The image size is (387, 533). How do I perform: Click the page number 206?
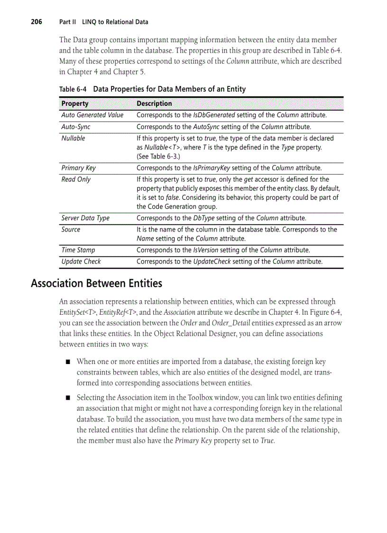(x=37, y=22)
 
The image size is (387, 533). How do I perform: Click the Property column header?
(x=75, y=103)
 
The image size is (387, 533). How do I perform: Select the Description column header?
(x=154, y=103)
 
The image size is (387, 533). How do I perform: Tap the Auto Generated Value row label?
(x=92, y=115)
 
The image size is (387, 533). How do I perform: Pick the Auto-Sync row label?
(x=76, y=127)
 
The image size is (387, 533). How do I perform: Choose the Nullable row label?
(x=74, y=138)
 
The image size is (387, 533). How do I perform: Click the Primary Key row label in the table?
(x=78, y=168)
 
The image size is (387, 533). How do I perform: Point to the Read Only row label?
(x=76, y=179)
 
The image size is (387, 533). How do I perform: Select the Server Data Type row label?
(x=85, y=218)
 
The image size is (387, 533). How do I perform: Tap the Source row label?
(x=71, y=230)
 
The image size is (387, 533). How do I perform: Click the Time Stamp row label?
(x=78, y=250)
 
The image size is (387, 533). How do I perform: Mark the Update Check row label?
(x=81, y=262)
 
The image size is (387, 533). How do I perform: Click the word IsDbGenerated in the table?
(x=214, y=115)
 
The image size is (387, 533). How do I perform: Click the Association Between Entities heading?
(x=96, y=283)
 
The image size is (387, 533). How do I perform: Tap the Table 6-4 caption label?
(x=73, y=89)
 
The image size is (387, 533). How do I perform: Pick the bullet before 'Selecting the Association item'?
(x=68, y=398)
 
